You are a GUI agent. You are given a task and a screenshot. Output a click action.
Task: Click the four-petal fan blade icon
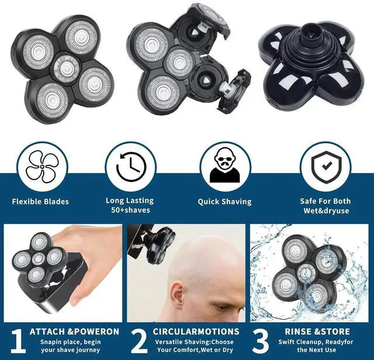(42, 167)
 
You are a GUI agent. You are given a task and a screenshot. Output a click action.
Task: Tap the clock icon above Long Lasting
(131, 167)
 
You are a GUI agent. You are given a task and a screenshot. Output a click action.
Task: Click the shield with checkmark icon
(326, 167)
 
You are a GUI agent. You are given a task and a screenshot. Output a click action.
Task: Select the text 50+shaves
(130, 210)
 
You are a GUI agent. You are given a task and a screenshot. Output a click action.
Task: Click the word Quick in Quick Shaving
(209, 202)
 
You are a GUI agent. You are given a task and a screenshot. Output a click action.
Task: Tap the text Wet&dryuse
(326, 210)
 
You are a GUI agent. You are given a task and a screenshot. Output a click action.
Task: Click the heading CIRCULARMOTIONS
(196, 331)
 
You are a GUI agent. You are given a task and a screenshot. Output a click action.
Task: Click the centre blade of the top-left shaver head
(66, 68)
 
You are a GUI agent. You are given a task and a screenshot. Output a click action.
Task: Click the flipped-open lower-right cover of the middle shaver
(235, 89)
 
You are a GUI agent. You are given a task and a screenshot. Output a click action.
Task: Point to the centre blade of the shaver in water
(306, 273)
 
